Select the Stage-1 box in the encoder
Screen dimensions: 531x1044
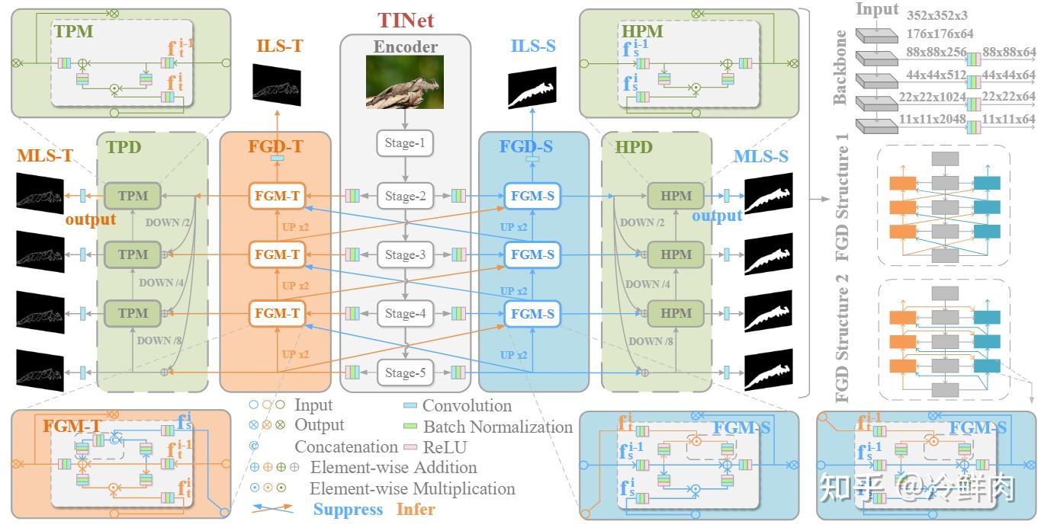click(405, 142)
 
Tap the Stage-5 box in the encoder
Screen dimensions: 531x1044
click(405, 373)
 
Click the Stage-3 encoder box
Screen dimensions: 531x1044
click(405, 254)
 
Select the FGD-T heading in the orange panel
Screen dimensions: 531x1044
click(275, 147)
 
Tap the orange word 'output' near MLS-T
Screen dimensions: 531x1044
click(90, 219)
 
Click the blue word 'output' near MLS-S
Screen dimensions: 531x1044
click(717, 216)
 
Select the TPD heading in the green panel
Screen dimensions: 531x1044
click(124, 147)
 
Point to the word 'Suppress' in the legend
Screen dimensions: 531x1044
click(348, 509)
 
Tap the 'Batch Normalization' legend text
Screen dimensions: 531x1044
click(497, 427)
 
